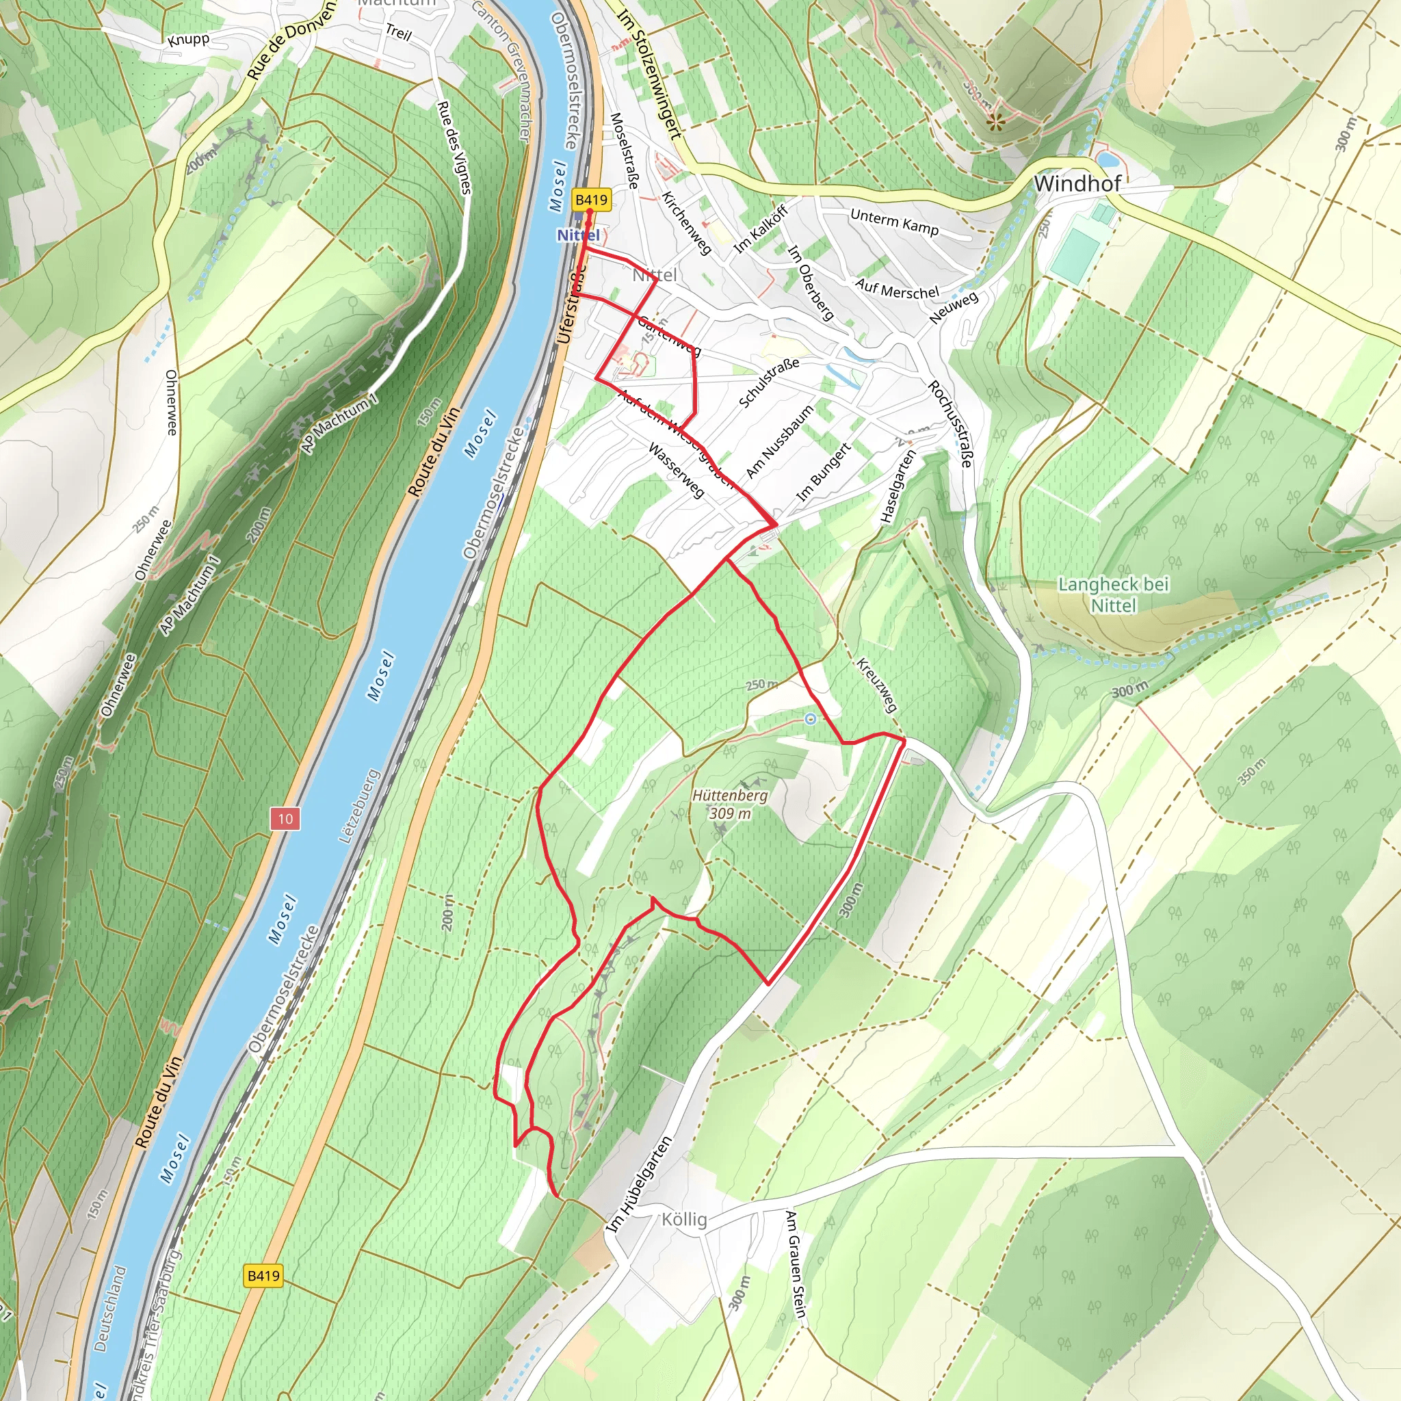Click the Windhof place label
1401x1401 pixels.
pos(1077,183)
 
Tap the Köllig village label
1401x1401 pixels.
pos(684,1219)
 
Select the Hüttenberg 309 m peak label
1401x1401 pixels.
pos(729,804)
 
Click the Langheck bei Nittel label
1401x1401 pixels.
pos(1113,594)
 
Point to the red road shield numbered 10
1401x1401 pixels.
pos(285,820)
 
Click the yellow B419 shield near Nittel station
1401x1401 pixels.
pos(591,200)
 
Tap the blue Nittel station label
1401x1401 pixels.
pos(578,235)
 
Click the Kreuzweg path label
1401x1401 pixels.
pos(877,685)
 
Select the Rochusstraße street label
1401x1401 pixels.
pos(950,423)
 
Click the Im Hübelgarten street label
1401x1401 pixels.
pos(639,1184)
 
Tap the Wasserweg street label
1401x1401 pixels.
pos(676,471)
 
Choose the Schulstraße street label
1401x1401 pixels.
pos(769,382)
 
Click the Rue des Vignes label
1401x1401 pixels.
pos(455,147)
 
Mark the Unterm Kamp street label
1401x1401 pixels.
pos(894,222)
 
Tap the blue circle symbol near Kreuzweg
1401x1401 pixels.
pos(811,719)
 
